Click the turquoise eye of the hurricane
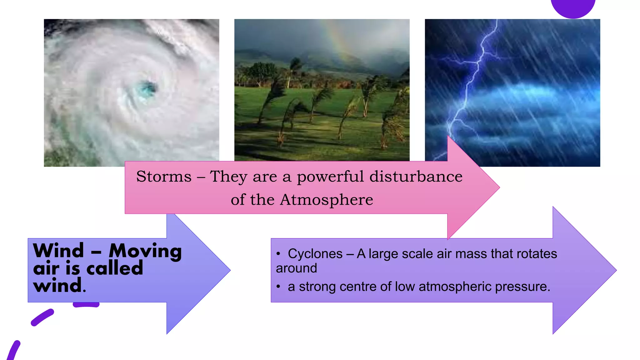[146, 88]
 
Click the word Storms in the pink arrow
[164, 177]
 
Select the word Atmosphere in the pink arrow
[326, 200]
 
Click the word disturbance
[416, 177]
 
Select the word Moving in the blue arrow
[145, 251]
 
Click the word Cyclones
[315, 254]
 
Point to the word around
[296, 268]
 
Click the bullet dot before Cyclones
[278, 254]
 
